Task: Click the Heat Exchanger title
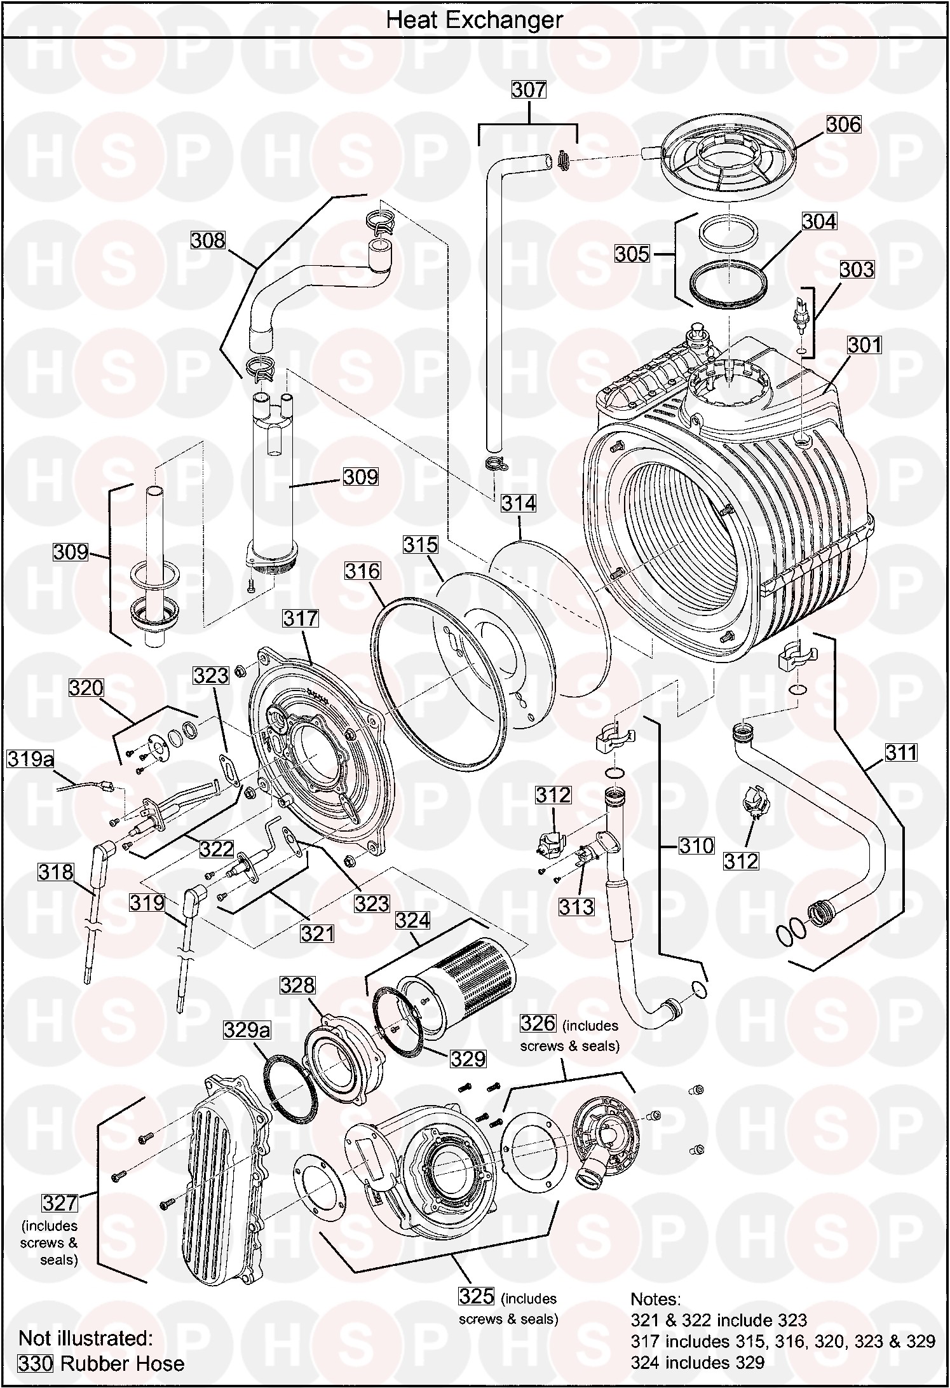[474, 20]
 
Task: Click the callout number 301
[865, 345]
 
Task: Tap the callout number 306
[843, 125]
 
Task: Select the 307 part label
[529, 90]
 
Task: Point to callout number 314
[519, 504]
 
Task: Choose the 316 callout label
[362, 571]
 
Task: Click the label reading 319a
[31, 759]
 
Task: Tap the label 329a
[247, 1029]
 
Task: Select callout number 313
[576, 907]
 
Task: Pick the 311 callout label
[901, 753]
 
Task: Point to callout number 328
[297, 986]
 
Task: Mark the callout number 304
[819, 221]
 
